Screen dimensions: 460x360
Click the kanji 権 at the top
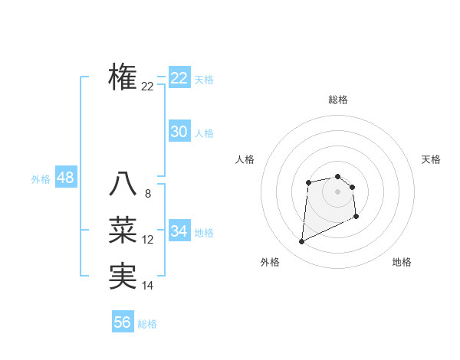[123, 77]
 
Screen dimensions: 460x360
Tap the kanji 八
[123, 185]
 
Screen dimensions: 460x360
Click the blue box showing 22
[179, 78]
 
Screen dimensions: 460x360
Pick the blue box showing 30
[179, 132]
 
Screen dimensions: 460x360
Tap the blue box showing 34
[179, 231]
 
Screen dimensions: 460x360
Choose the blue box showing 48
[65, 178]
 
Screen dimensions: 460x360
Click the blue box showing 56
[123, 322]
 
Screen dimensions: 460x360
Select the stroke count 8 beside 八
[148, 194]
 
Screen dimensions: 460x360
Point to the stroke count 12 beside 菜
[148, 240]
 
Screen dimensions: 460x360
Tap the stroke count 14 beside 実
[148, 286]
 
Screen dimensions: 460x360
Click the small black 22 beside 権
[148, 87]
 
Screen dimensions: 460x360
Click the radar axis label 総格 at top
[338, 100]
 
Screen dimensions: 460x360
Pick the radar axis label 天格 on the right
[432, 159]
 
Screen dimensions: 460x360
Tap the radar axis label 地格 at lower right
[402, 262]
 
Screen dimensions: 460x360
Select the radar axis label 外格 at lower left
[270, 262]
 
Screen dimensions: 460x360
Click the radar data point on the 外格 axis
[302, 242]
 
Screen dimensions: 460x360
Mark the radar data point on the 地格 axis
[356, 217]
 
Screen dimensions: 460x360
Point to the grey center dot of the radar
[338, 191]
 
